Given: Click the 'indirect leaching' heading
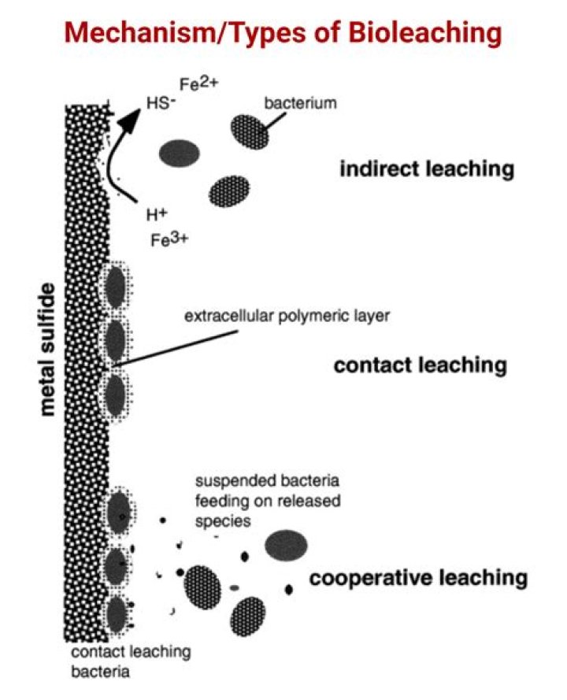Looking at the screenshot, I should pos(426,169).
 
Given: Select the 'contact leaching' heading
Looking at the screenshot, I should pos(420,365).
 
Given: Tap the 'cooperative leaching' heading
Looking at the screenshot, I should pos(417,579).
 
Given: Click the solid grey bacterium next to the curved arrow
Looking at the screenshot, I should pos(180,152).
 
